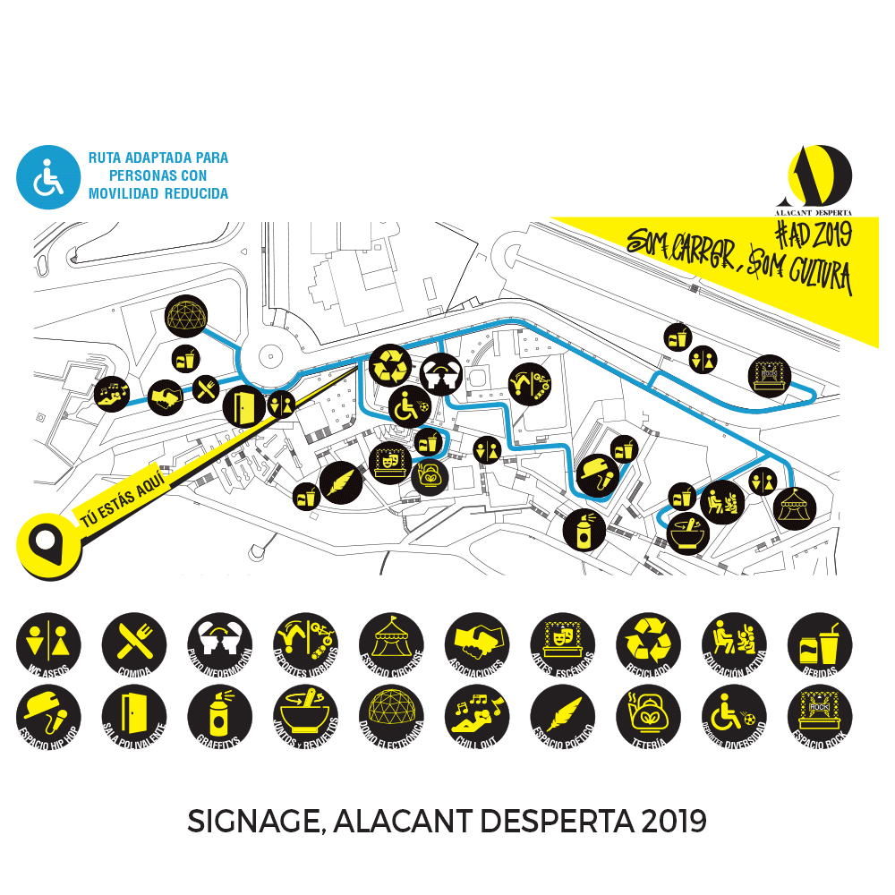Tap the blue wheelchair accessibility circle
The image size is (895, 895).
click(49, 177)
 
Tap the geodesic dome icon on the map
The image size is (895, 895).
click(187, 315)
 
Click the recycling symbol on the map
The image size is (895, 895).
click(390, 366)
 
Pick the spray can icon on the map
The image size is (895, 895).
click(584, 529)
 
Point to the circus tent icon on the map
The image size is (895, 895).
click(791, 507)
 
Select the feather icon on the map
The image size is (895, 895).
click(341, 483)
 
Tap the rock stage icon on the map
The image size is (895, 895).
click(769, 375)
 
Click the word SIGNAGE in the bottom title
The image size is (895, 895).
click(251, 821)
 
